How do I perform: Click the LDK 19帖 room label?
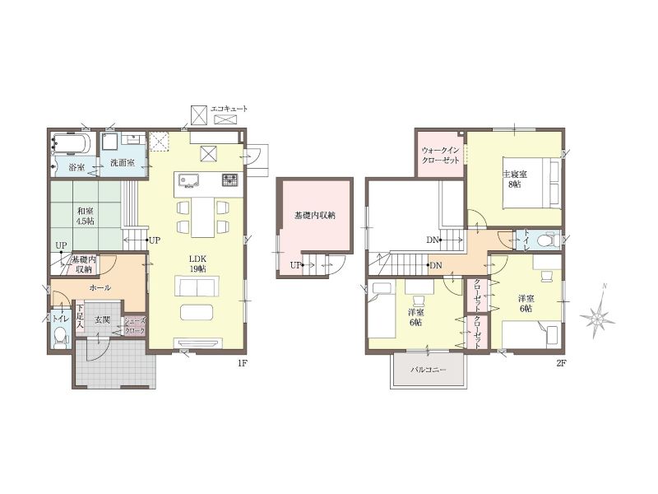pyautogui.click(x=197, y=263)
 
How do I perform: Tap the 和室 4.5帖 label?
pyautogui.click(x=86, y=217)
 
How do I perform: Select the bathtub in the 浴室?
pyautogui.click(x=70, y=144)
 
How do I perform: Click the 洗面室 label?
pyautogui.click(x=123, y=162)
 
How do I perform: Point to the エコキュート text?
pyautogui.click(x=229, y=109)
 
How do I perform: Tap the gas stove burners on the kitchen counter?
pyautogui.click(x=230, y=180)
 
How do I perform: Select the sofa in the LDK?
pyautogui.click(x=197, y=287)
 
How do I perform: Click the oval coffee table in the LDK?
pyautogui.click(x=197, y=312)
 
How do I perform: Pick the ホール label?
pyautogui.click(x=100, y=287)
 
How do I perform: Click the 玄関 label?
pyautogui.click(x=101, y=320)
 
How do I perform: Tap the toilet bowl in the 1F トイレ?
pyautogui.click(x=61, y=338)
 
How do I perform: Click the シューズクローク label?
pyautogui.click(x=135, y=326)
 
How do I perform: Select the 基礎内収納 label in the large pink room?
pyautogui.click(x=315, y=216)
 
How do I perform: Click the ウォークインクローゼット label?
pyautogui.click(x=441, y=155)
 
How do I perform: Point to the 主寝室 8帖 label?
pyautogui.click(x=515, y=179)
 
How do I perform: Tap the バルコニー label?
pyautogui.click(x=429, y=370)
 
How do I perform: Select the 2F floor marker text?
pyautogui.click(x=562, y=364)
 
